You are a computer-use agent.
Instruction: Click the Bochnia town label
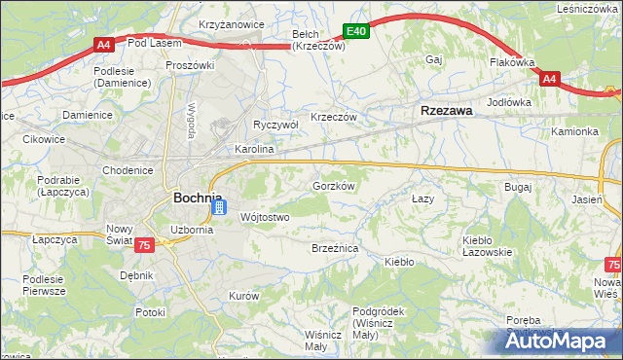point(201,198)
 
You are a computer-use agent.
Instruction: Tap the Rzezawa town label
point(446,111)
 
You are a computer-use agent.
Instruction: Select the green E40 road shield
point(357,32)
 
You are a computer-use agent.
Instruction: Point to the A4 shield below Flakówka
point(549,79)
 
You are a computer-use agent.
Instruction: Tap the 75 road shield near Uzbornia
point(144,247)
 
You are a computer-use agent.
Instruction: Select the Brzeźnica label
point(335,249)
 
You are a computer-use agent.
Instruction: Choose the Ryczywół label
point(275,126)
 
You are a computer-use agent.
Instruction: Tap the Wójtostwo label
point(264,217)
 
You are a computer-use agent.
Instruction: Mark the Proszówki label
point(190,65)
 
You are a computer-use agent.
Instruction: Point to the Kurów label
point(243,296)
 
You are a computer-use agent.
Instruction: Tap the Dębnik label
point(137,275)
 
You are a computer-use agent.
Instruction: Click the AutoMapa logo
point(559,341)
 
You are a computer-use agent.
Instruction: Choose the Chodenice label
point(128,170)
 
